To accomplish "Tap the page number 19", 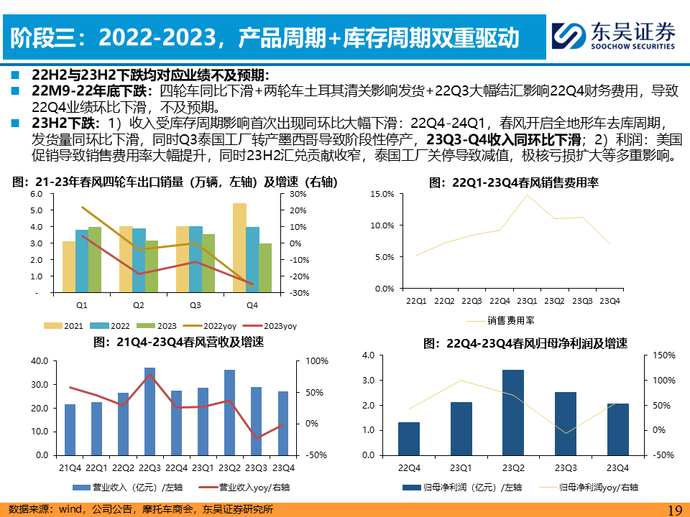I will (674, 510).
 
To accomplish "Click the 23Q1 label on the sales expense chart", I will (527, 301).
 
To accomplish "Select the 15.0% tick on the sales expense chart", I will (383, 194).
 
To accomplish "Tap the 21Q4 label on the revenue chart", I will (70, 468).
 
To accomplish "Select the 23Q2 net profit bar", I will (512, 412).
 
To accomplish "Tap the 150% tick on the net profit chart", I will (665, 355).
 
